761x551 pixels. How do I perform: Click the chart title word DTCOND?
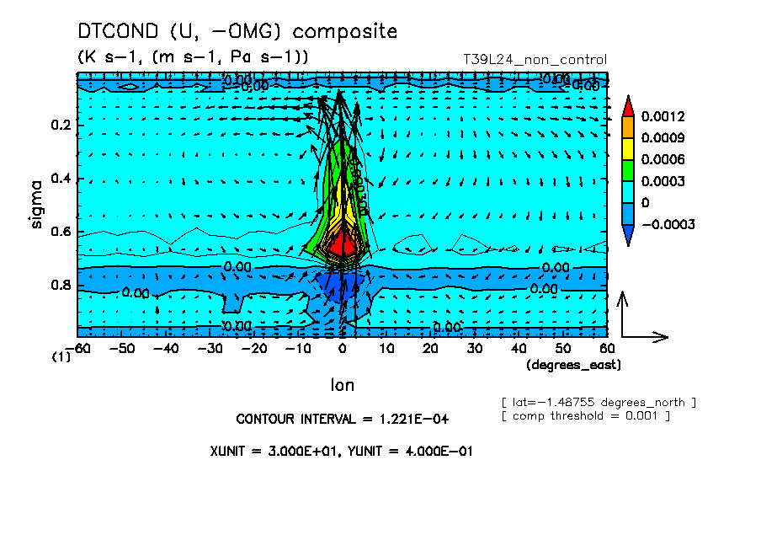pos(119,32)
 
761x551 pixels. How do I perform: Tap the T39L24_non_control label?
pos(535,60)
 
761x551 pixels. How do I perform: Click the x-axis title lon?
pos(342,385)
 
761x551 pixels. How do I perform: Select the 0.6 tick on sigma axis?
pos(60,233)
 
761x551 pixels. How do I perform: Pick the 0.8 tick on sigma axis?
pos(60,286)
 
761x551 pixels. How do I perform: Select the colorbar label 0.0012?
pos(663,116)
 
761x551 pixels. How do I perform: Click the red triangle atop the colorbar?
pos(628,105)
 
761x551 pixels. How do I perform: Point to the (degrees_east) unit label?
pos(572,365)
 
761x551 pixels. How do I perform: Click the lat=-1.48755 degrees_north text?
pos(598,401)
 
